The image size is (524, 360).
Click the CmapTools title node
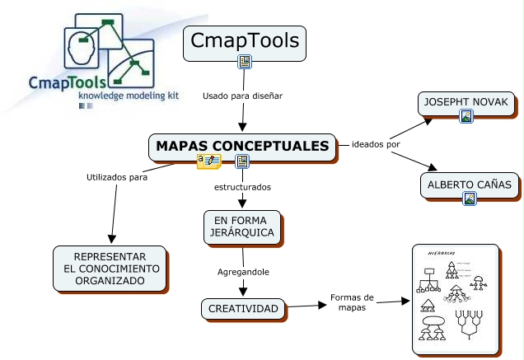(x=244, y=41)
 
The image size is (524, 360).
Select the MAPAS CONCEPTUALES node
(x=242, y=146)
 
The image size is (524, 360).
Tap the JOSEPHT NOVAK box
(x=466, y=103)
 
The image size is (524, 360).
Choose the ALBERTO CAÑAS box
(x=470, y=185)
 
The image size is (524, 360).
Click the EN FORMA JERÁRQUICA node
(x=242, y=227)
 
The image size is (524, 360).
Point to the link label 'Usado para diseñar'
(x=242, y=96)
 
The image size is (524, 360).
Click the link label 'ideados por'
(x=376, y=146)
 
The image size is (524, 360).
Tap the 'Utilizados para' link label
(x=117, y=176)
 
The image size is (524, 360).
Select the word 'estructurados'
(x=242, y=187)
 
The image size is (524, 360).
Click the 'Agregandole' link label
(x=242, y=271)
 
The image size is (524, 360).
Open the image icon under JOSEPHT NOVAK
(x=466, y=117)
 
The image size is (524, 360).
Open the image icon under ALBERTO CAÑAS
(x=470, y=198)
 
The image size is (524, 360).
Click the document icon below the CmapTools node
(x=244, y=62)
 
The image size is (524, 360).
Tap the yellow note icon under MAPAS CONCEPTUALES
(x=208, y=161)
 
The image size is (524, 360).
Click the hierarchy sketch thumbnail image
(x=456, y=300)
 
